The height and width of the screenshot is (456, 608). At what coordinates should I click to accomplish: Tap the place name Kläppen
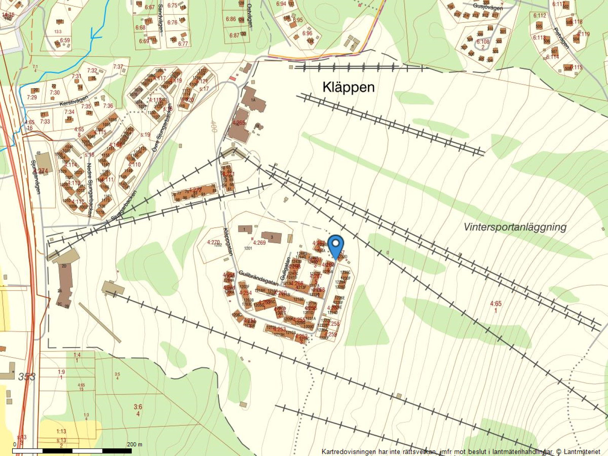[x=348, y=87]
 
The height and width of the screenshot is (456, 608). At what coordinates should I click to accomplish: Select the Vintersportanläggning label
[x=515, y=227]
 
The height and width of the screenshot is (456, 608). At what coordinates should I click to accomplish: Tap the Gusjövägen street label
[x=488, y=7]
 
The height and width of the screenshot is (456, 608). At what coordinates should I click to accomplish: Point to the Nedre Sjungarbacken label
[x=90, y=190]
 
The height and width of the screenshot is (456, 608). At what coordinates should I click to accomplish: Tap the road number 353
[x=27, y=377]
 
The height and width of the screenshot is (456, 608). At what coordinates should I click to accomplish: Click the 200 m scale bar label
[x=135, y=444]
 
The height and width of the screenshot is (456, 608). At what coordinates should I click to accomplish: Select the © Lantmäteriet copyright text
[x=578, y=451]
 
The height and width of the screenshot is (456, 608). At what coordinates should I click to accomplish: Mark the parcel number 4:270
[x=214, y=242]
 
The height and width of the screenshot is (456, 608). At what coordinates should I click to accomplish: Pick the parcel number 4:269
[x=259, y=242]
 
